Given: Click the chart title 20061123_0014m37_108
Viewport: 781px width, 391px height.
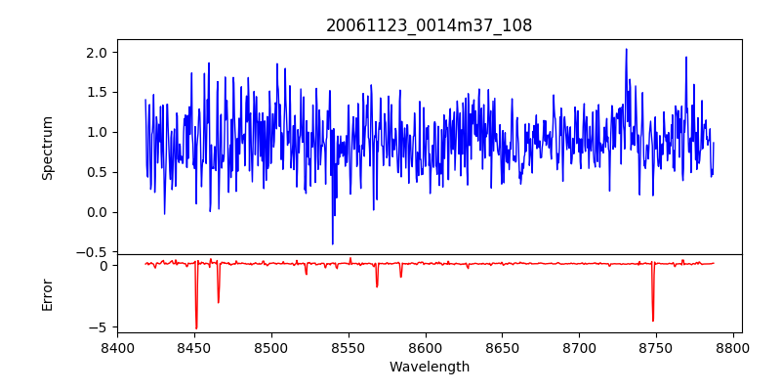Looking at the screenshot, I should (x=429, y=25).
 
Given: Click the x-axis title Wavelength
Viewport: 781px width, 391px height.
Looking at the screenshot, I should (x=429, y=367).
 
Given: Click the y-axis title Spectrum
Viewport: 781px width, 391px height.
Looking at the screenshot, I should (x=47, y=148).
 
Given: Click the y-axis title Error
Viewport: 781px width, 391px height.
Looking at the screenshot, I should (x=47, y=294).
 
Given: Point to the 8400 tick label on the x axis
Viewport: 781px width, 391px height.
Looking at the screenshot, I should (x=117, y=347).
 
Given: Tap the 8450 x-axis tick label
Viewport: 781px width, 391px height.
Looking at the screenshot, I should (x=194, y=347).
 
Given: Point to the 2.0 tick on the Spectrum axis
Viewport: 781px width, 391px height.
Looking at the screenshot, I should (x=98, y=52).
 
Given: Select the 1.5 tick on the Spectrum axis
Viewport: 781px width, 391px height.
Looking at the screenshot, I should (x=98, y=92).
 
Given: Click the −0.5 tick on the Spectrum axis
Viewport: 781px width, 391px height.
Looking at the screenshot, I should (x=94, y=252).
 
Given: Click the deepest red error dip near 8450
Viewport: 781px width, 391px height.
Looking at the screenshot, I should (x=196, y=328).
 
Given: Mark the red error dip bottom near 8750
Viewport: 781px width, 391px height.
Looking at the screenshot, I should (x=653, y=321).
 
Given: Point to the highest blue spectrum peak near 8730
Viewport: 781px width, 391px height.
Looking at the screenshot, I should (x=626, y=49).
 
